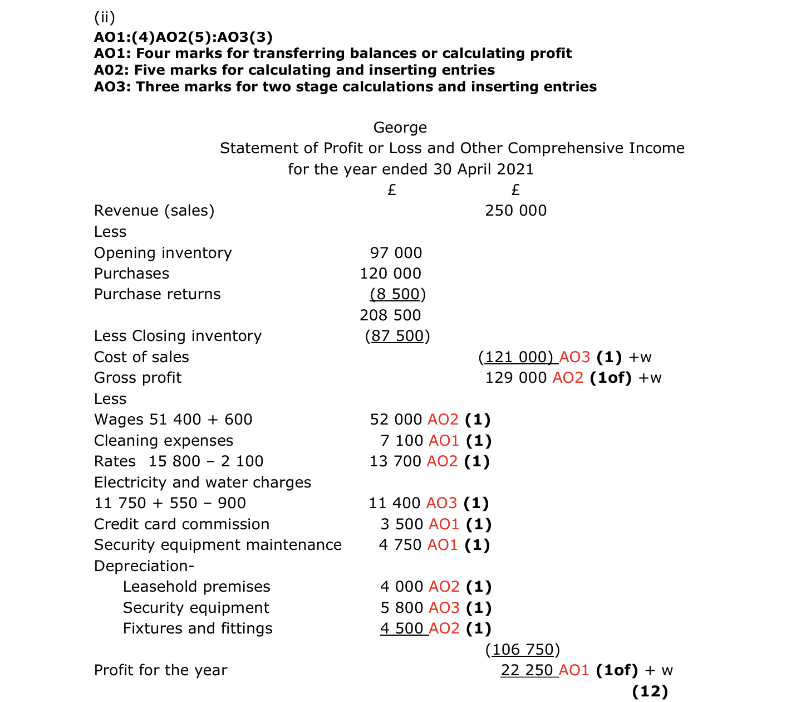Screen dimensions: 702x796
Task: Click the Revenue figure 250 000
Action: (x=515, y=211)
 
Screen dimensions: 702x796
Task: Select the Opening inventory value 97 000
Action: (x=396, y=253)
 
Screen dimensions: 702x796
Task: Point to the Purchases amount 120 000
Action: (x=390, y=274)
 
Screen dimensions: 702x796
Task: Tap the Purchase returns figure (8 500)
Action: (x=397, y=294)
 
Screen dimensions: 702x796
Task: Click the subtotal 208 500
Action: (x=390, y=315)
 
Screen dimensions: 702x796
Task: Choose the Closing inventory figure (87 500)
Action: (x=397, y=336)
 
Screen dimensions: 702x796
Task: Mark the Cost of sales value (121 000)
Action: (x=518, y=357)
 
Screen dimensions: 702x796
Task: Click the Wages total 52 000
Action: (x=396, y=420)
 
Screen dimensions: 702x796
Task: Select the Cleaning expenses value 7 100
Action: (x=401, y=441)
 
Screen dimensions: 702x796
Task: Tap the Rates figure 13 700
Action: (x=395, y=461)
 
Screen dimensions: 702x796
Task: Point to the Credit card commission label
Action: (x=181, y=524)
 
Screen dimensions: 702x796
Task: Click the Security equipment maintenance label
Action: (x=218, y=545)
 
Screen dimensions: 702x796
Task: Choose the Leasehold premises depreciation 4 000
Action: (x=401, y=587)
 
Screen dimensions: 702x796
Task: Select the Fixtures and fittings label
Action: (x=198, y=628)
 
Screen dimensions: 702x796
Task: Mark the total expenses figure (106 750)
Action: (x=523, y=650)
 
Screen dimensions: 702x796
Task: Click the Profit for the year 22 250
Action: (x=527, y=670)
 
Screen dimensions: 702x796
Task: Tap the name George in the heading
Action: (x=400, y=128)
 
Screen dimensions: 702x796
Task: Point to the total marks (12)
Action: (x=650, y=691)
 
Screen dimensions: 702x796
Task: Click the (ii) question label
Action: (x=105, y=18)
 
